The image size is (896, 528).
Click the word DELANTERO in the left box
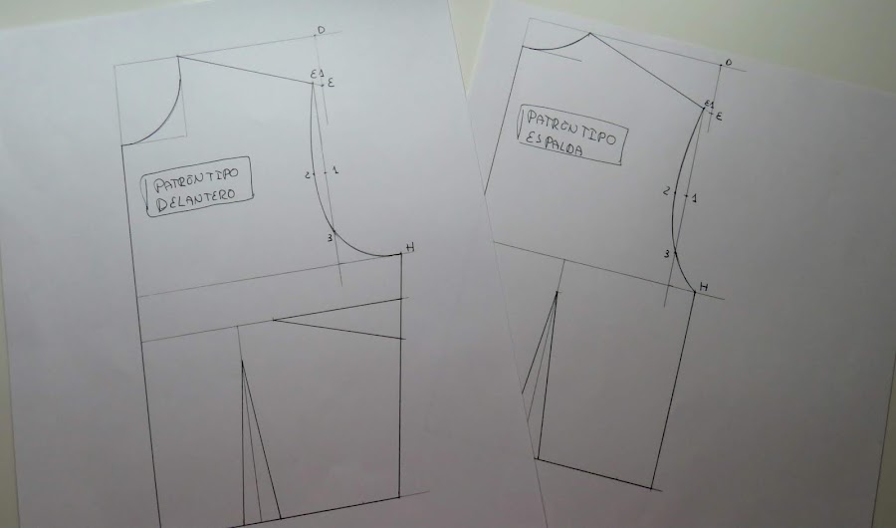(x=195, y=199)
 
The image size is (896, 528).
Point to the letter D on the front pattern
(x=321, y=30)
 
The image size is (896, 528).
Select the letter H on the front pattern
(x=410, y=247)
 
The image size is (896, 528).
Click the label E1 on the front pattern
(x=318, y=74)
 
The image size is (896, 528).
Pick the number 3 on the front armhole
(x=330, y=237)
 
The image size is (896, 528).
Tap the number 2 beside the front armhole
(x=307, y=175)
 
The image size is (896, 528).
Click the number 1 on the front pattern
(x=335, y=170)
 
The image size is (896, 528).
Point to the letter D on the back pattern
(x=728, y=62)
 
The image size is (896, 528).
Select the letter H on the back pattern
(x=704, y=287)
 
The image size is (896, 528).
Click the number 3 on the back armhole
(x=666, y=254)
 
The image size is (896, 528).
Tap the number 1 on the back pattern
(x=694, y=198)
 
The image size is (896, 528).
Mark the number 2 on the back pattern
(x=666, y=191)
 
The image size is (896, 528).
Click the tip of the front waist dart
(x=242, y=361)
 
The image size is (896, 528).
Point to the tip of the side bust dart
(x=273, y=321)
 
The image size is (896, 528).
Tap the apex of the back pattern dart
(x=557, y=292)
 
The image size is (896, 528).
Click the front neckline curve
(x=165, y=123)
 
